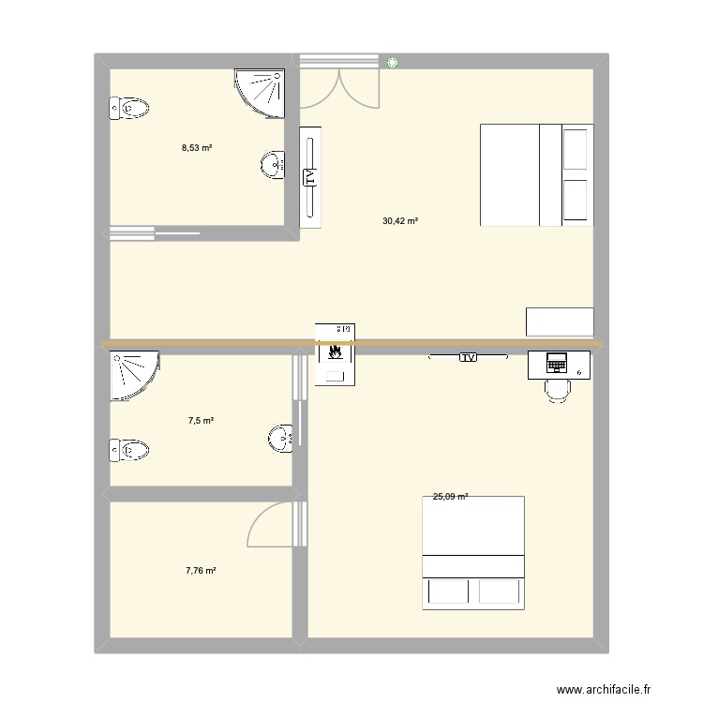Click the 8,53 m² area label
click(x=197, y=147)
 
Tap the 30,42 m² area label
click(x=400, y=221)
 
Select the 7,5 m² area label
click(x=201, y=421)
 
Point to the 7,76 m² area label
click(x=201, y=570)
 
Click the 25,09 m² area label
click(x=450, y=498)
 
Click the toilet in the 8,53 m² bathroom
click(x=129, y=109)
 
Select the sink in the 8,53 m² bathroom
click(x=273, y=165)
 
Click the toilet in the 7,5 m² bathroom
click(x=129, y=452)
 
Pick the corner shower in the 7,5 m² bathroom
click(x=131, y=372)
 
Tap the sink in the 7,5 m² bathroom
click(x=280, y=438)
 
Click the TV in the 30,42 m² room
click(x=310, y=176)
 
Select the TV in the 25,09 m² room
click(x=468, y=357)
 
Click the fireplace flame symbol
click(x=335, y=354)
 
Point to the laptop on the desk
click(x=557, y=361)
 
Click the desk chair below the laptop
click(x=558, y=387)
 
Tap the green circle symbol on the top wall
click(x=391, y=63)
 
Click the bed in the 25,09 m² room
click(x=473, y=552)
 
